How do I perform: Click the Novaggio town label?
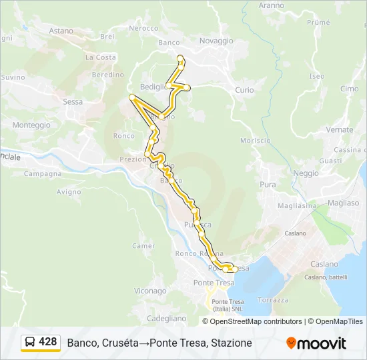[216, 41]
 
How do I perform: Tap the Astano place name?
[61, 31]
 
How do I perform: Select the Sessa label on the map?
[72, 102]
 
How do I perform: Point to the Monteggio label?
[31, 125]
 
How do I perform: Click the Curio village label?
[244, 90]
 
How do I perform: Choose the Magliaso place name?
[344, 203]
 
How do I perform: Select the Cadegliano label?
[166, 319]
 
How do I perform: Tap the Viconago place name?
[150, 291]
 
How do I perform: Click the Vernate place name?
[340, 129]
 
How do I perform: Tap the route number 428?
[48, 342]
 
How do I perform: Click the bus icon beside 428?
[30, 342]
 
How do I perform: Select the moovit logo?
[316, 343]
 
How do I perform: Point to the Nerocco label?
[143, 28]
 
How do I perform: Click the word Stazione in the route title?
[230, 343]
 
